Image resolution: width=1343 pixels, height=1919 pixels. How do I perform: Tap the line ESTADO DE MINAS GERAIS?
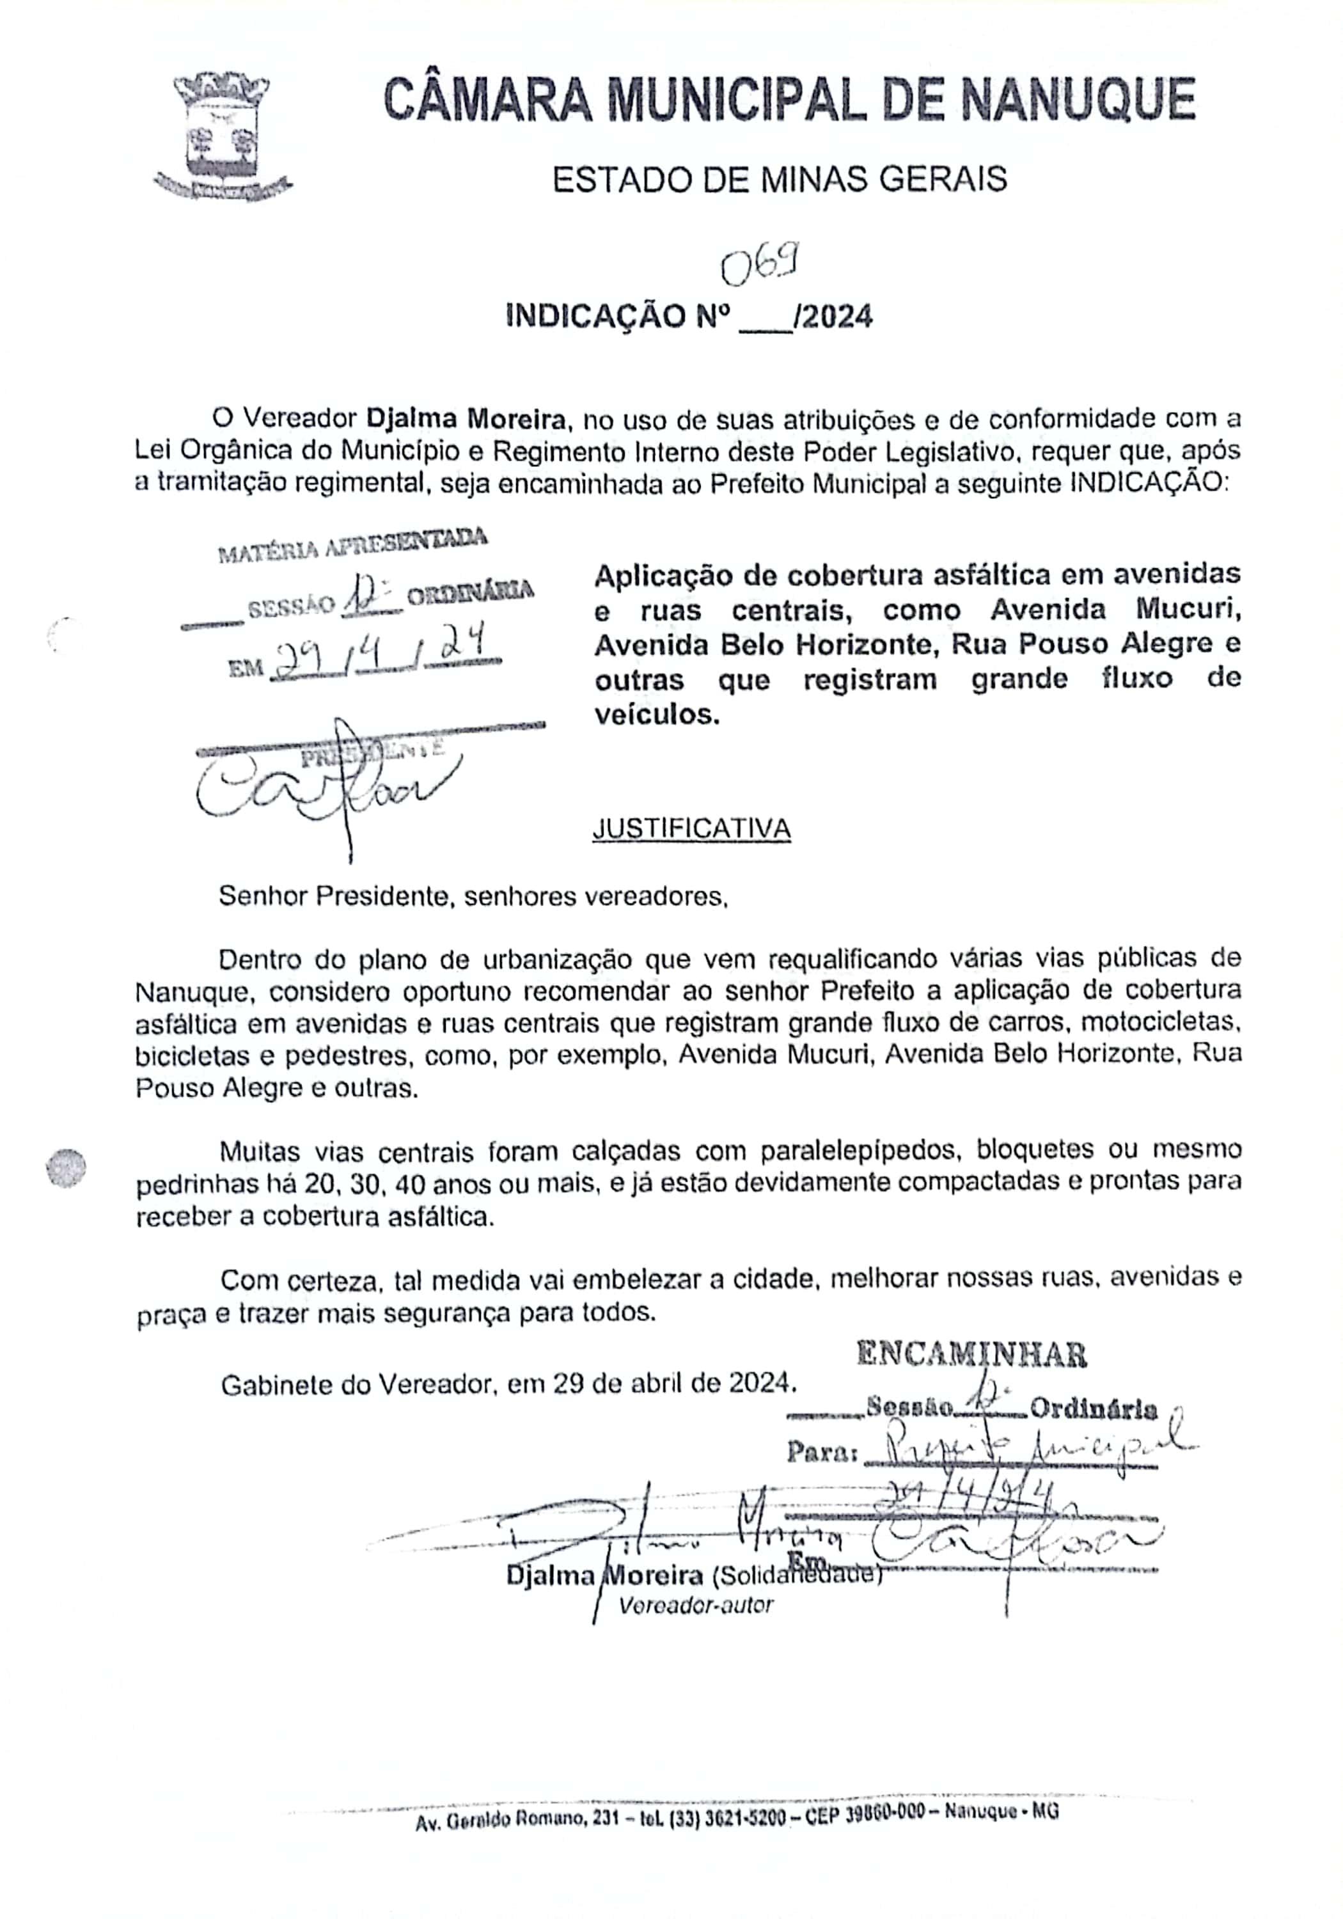[x=779, y=180]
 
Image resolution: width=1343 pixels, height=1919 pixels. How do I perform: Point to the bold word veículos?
[x=656, y=715]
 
